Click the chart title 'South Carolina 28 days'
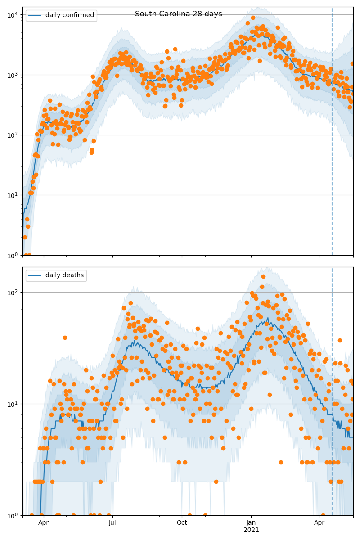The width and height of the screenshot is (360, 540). [179, 14]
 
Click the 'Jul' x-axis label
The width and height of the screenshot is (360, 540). [112, 522]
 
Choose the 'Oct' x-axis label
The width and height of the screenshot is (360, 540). [182, 522]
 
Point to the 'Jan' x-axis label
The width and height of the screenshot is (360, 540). [251, 522]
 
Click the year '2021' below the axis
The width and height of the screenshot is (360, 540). [251, 530]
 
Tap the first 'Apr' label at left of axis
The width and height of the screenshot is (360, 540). [43, 522]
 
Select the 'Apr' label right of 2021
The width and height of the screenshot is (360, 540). [319, 522]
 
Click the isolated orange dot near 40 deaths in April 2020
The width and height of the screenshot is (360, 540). [65, 337]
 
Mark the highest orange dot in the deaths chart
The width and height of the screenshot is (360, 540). [263, 276]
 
